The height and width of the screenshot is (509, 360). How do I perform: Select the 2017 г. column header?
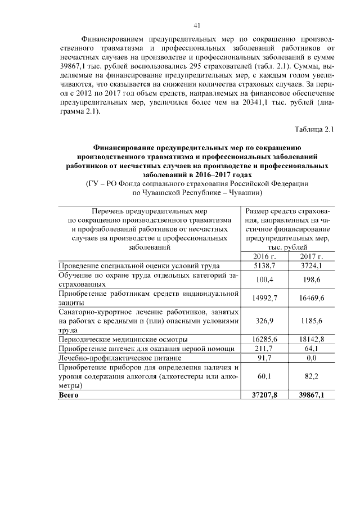[x=310, y=256]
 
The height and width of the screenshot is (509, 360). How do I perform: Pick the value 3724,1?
[x=310, y=266]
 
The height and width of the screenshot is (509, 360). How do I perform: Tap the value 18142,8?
[x=310, y=340]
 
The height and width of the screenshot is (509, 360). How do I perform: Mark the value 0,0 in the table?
[x=310, y=358]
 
